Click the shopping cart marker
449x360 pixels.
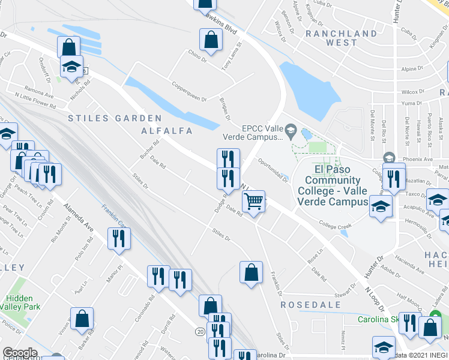tap(255, 203)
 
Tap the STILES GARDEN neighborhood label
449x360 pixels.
tap(115, 118)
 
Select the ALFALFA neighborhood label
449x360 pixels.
tap(166, 130)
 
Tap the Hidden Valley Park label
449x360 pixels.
tap(23, 302)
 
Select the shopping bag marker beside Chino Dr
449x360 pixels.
tap(211, 40)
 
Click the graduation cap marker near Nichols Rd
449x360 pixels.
tap(71, 66)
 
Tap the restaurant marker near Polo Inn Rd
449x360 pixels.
tap(118, 238)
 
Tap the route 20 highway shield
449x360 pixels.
tap(199, 331)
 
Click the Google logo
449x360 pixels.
tap(19, 353)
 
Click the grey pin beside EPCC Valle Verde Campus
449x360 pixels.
tap(291, 129)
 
